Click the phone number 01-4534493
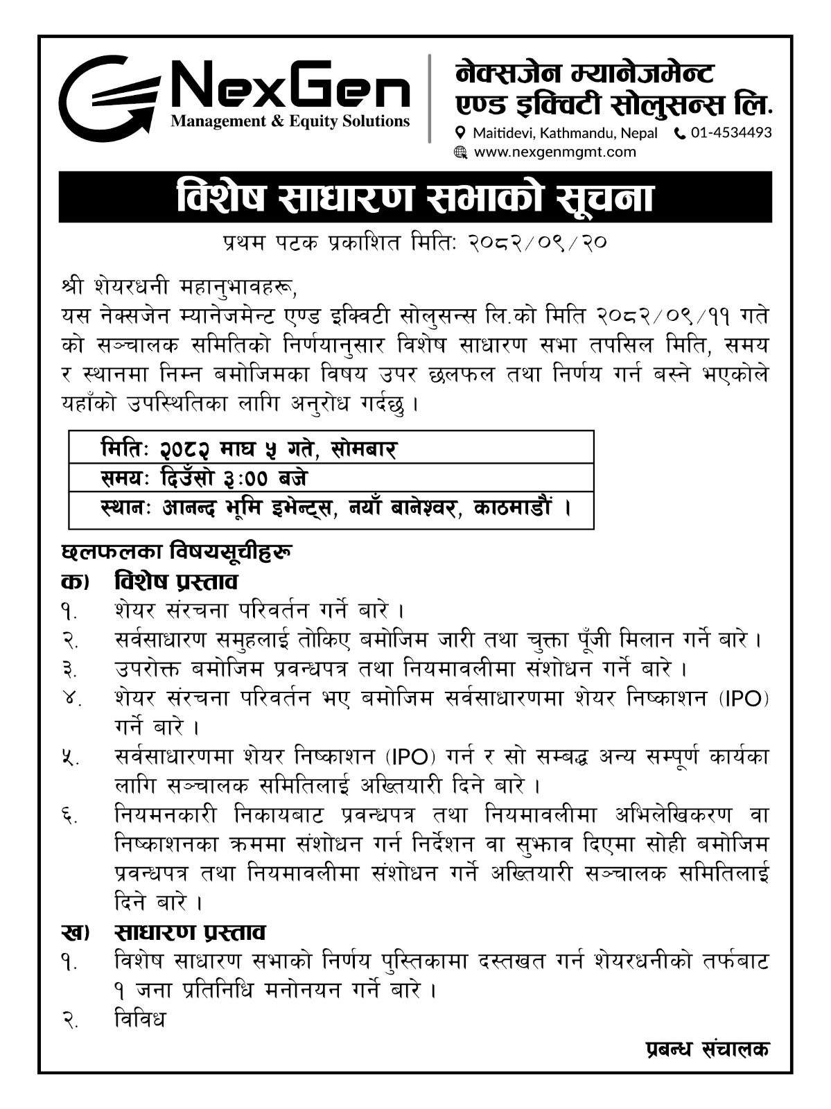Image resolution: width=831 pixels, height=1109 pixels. point(731,132)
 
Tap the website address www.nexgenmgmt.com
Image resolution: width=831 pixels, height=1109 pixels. point(554,152)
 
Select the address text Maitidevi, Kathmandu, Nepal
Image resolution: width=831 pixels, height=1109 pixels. point(565,132)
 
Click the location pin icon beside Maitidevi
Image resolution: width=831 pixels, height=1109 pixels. point(460,132)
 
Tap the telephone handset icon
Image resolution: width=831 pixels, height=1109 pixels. point(679,132)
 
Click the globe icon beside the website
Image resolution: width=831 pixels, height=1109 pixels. point(460,152)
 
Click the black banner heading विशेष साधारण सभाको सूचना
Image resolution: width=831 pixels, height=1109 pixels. point(415,198)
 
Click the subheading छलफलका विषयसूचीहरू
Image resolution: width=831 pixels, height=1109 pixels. point(177,552)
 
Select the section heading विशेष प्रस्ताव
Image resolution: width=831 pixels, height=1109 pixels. point(176,581)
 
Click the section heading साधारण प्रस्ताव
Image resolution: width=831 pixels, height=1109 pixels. point(190,932)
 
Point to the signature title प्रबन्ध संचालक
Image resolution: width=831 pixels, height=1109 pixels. point(703,1049)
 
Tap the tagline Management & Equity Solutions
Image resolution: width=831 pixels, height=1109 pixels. point(290,122)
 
